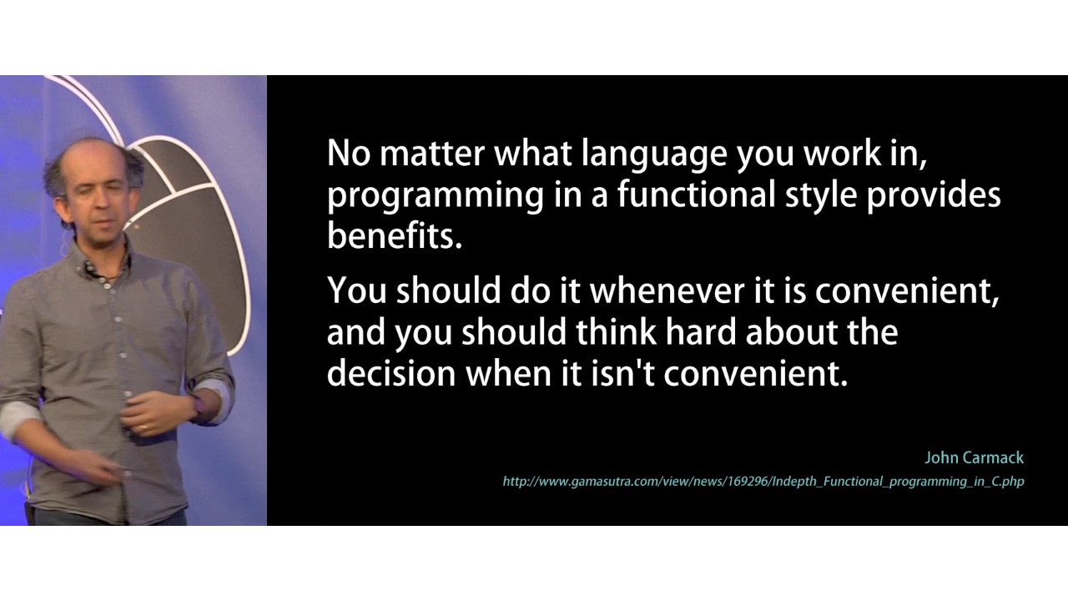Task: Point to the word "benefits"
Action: pos(394,236)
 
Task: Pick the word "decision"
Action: pos(390,372)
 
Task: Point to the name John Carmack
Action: pos(974,457)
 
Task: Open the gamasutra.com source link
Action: pos(763,482)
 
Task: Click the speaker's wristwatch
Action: pos(195,407)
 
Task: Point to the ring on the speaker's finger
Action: pos(144,427)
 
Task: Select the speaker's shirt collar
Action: pos(104,265)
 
